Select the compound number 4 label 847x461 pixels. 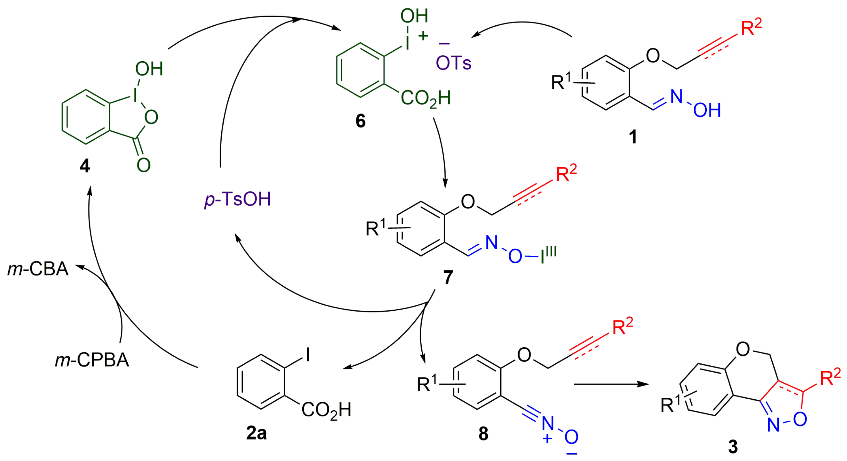tap(84, 166)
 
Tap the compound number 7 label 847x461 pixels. tap(448, 277)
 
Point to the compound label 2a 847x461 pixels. tap(256, 433)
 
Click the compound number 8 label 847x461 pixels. tap(483, 434)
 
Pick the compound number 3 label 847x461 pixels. tap(733, 447)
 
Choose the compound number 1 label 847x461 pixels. tap(633, 137)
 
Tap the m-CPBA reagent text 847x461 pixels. tap(92, 360)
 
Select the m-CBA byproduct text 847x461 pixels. tap(38, 269)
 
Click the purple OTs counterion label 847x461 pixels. tap(453, 63)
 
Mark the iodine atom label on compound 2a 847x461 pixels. tap(308, 355)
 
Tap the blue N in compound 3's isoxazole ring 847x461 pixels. tap(773, 425)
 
